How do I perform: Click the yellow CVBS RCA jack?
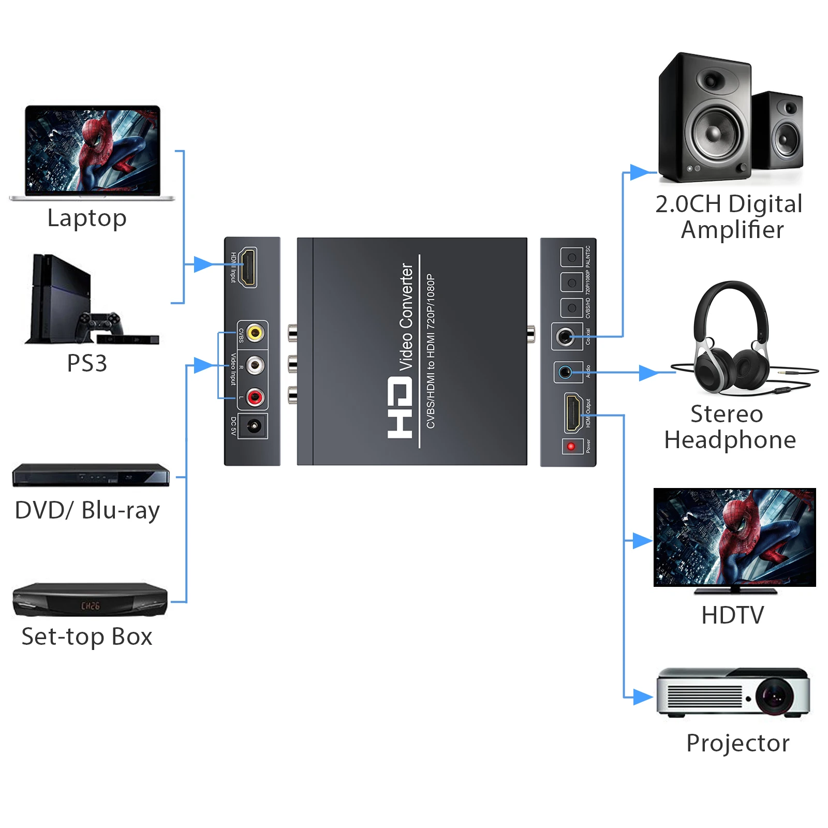click(x=254, y=332)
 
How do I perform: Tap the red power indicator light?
click(x=571, y=446)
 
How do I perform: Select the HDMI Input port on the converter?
click(x=249, y=267)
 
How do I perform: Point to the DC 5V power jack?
click(x=254, y=426)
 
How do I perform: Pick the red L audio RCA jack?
click(x=254, y=397)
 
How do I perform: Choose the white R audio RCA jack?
click(x=254, y=365)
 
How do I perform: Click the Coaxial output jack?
click(x=565, y=337)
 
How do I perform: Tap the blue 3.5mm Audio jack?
click(x=565, y=372)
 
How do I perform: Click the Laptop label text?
click(x=87, y=218)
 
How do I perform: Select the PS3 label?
click(x=87, y=363)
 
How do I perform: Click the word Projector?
click(x=737, y=743)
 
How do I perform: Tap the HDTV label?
click(x=732, y=615)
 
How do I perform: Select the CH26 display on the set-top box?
click(x=90, y=605)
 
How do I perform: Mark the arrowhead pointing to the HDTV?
click(x=642, y=541)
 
